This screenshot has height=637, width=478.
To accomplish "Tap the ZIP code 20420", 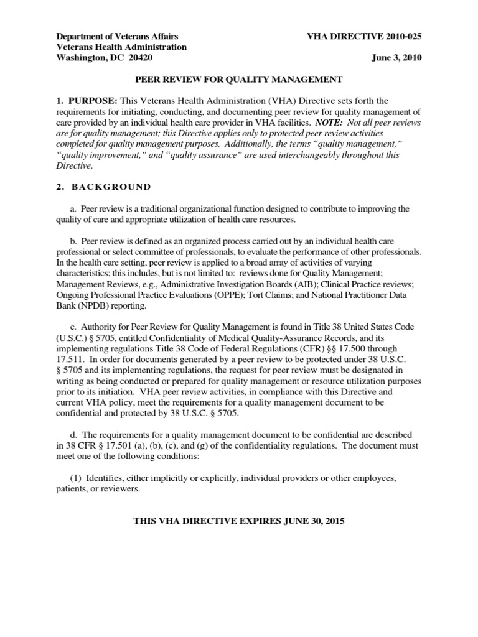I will [138, 58].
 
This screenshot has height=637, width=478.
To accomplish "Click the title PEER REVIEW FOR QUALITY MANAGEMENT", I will [238, 79].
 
